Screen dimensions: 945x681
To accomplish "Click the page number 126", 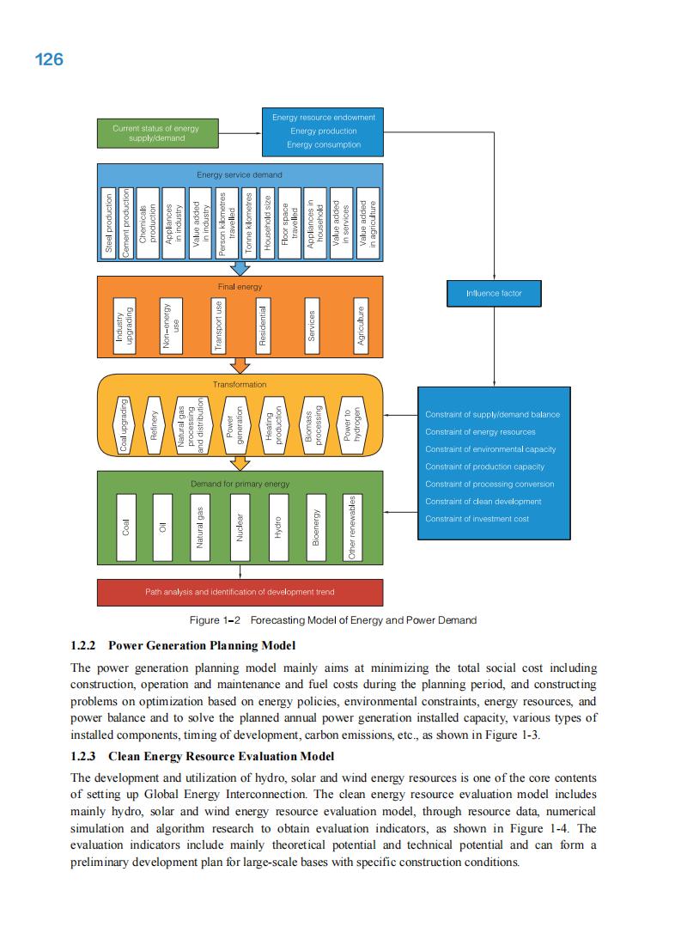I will [x=49, y=59].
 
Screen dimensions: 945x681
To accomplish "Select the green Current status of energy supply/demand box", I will [x=155, y=133].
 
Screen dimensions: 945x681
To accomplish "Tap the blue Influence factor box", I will [x=493, y=294].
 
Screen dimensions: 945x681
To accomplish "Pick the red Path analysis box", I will [x=240, y=592].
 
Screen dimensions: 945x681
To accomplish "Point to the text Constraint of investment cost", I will [x=477, y=519].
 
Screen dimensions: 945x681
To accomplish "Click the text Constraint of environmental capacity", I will [x=490, y=449].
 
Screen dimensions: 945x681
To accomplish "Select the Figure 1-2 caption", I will [x=332, y=620].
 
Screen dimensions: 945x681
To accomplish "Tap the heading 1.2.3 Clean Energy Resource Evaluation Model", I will [x=202, y=756].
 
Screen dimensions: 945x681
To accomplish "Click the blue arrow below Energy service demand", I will [x=240, y=268].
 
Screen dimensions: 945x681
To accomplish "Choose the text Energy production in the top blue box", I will [x=323, y=131].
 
